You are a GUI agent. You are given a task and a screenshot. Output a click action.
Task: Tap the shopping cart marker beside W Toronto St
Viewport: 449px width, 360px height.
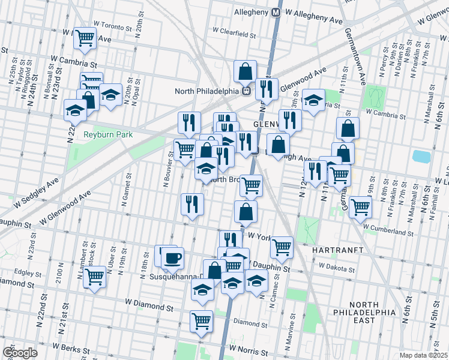click(x=85, y=38)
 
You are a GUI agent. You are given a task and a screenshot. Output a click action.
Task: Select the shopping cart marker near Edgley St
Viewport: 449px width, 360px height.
click(x=94, y=277)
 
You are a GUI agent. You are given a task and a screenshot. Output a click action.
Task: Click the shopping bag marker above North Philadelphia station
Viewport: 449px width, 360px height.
click(x=246, y=71)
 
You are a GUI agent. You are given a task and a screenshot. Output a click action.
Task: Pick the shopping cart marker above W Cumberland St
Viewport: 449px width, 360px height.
click(x=360, y=207)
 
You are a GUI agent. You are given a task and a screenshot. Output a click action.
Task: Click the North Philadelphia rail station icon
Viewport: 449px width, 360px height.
click(x=246, y=91)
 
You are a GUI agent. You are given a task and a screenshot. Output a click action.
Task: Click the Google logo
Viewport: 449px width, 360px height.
click(x=20, y=353)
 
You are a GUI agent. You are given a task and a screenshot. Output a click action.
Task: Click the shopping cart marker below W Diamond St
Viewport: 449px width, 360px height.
click(x=201, y=320)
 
